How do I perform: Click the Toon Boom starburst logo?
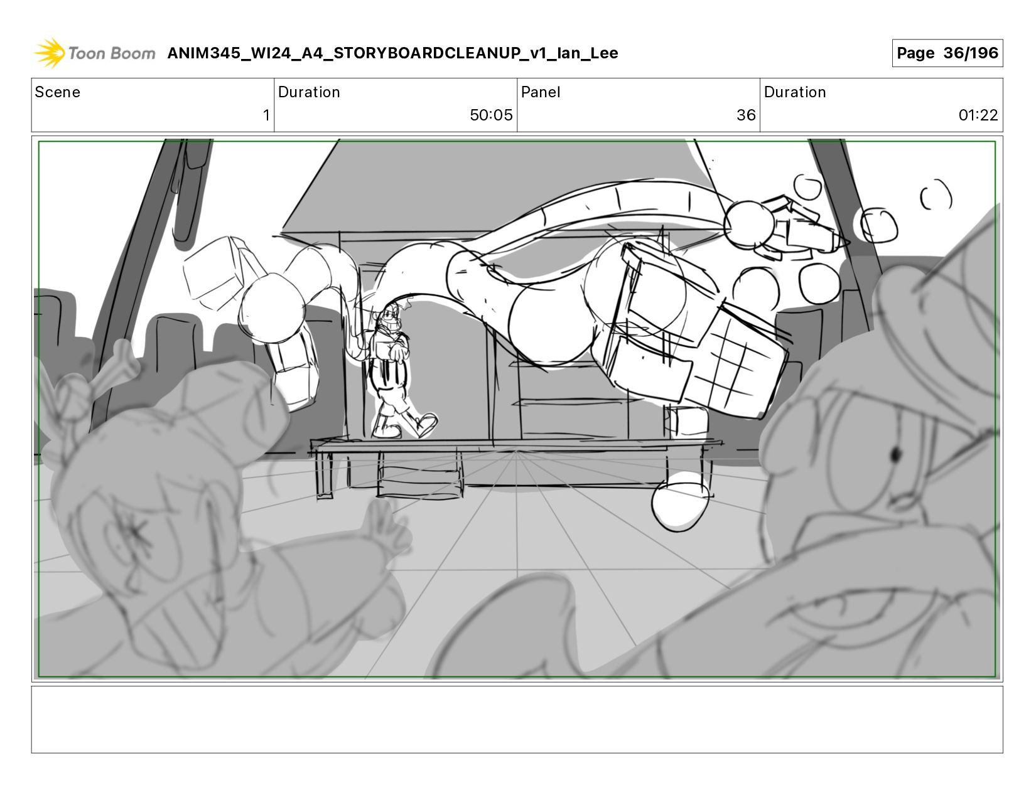coord(50,53)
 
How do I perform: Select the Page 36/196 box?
coord(947,53)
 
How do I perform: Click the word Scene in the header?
coord(58,92)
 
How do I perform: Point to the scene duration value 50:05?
coord(491,115)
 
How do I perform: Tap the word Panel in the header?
coord(540,92)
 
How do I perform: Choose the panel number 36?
coord(746,115)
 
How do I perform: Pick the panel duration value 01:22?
coord(978,115)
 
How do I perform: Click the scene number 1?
coord(266,115)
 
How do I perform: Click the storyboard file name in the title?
coord(392,53)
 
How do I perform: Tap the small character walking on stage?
coord(396,370)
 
